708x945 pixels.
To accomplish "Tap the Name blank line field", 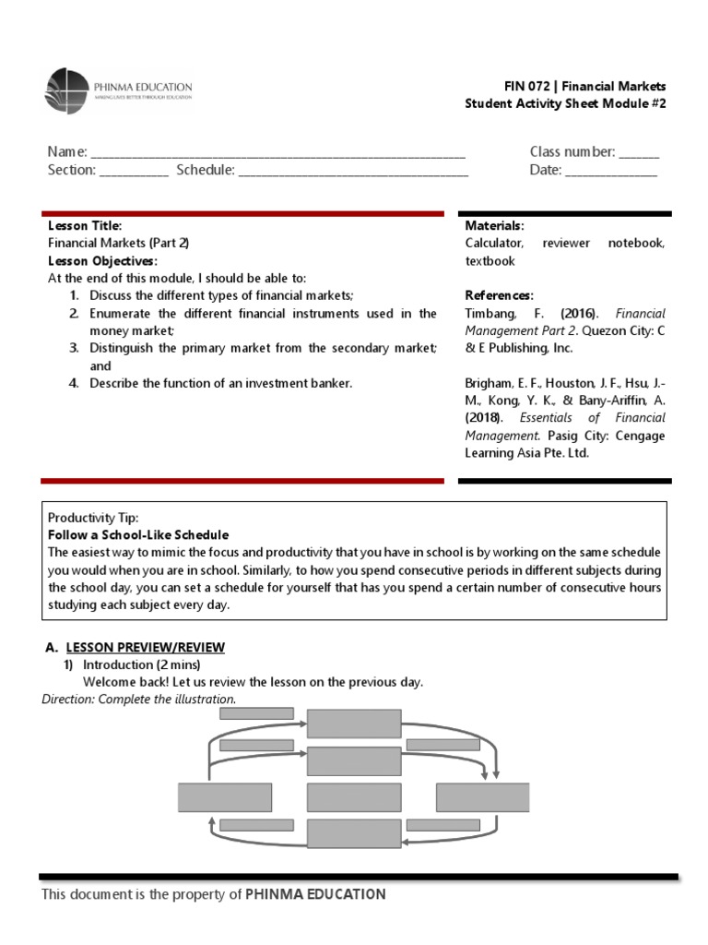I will (x=277, y=152).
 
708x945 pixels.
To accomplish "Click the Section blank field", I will (x=134, y=171).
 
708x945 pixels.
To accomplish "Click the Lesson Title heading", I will (x=85, y=226).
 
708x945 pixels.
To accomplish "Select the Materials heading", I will (x=495, y=226).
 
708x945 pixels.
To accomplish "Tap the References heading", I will (x=499, y=295).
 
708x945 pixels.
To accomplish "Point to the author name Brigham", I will (x=490, y=383).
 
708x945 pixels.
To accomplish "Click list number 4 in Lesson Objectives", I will (x=74, y=383).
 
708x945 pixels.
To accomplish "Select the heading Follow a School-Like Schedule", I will (x=138, y=535).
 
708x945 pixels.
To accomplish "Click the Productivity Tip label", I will (x=93, y=518).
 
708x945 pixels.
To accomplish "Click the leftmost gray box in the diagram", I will (x=224, y=797).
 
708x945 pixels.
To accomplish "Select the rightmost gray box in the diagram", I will (x=482, y=797).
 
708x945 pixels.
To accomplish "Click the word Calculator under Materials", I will (x=494, y=244).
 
